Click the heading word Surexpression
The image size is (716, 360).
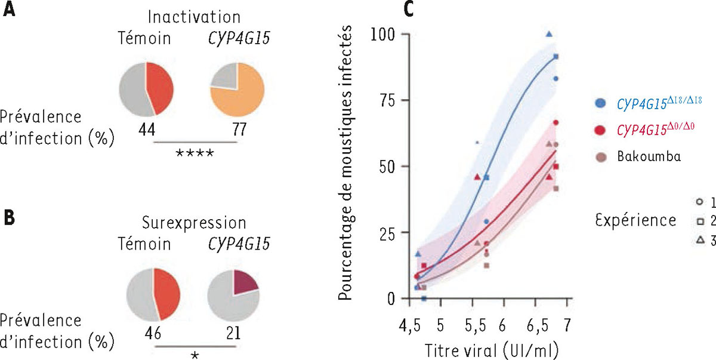(195, 223)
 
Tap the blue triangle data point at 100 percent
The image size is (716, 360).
(550, 34)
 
